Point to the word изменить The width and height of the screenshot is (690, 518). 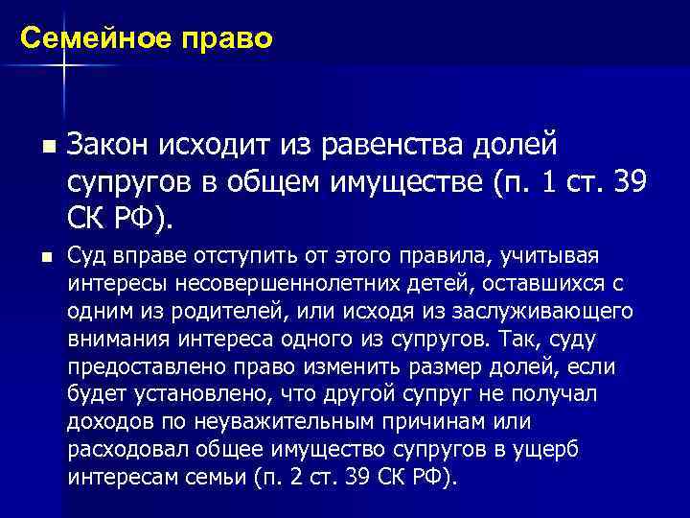pos(357,367)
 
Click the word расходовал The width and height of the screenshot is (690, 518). pos(121,451)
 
